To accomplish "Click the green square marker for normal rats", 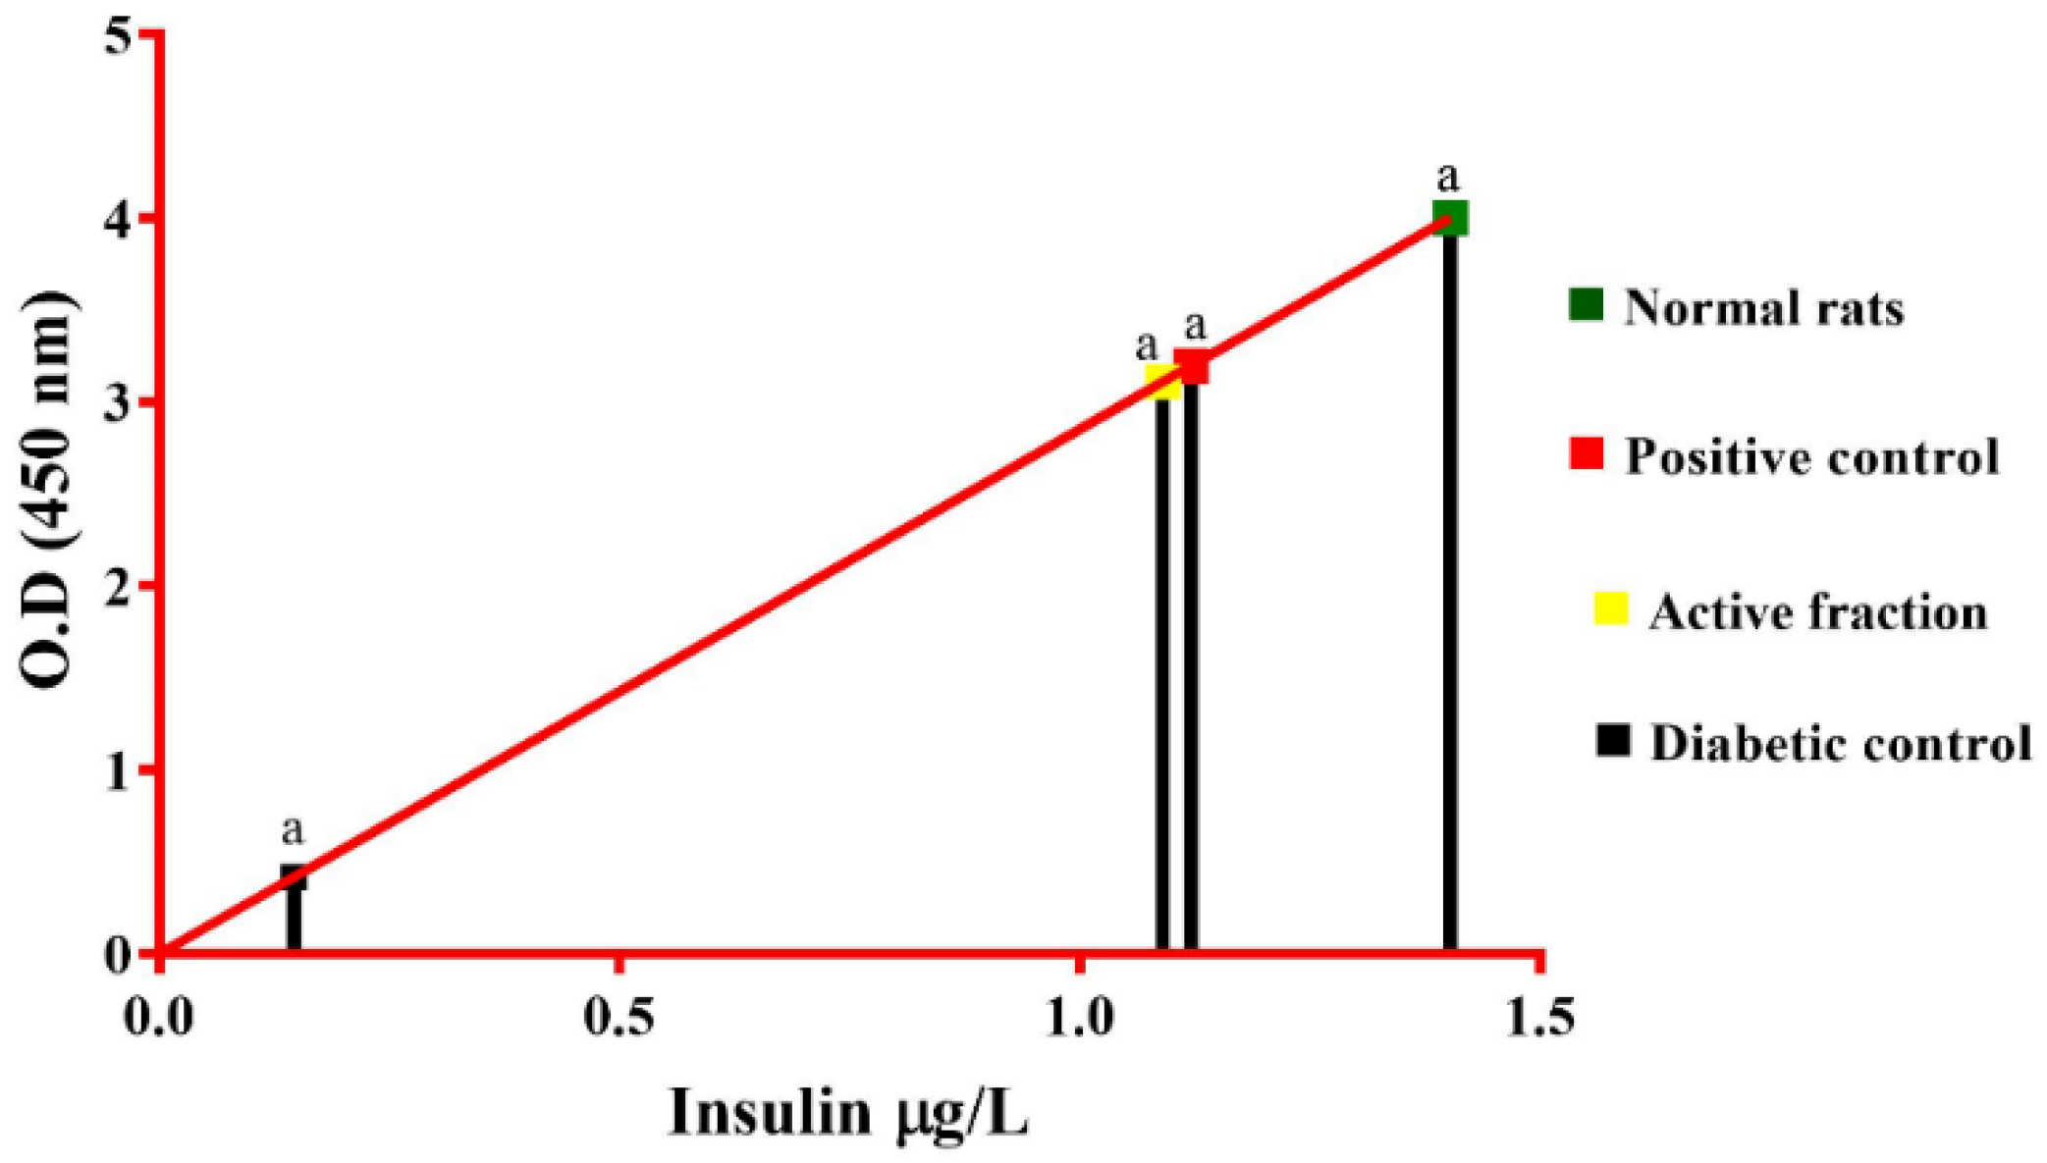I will [x=1450, y=217].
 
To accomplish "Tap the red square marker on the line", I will [x=1192, y=366].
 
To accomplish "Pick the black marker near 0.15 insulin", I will [x=294, y=876].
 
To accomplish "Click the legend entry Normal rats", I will [x=1763, y=308].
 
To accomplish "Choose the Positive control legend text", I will [x=1811, y=456].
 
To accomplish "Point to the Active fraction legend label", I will [x=1818, y=612].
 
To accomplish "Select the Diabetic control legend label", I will [x=1840, y=743].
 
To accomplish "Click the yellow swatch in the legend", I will [x=1610, y=608].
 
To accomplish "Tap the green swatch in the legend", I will [x=1586, y=304].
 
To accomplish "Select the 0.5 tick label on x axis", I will [x=619, y=1018].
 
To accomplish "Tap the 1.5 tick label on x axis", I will [x=1539, y=1018].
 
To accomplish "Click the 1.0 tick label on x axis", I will [x=1079, y=1018].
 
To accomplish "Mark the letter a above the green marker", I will [x=1447, y=178].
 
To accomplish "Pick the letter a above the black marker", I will [x=293, y=830].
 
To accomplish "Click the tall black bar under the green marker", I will [x=1450, y=589].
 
